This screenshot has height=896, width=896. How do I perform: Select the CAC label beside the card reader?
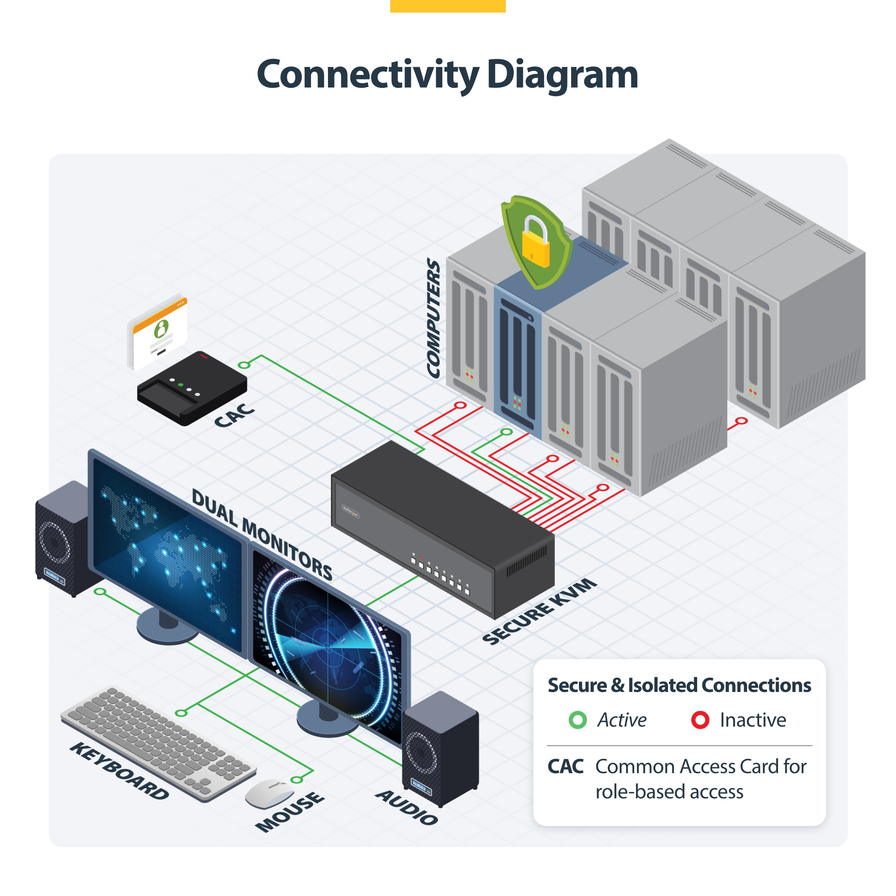coord(234,415)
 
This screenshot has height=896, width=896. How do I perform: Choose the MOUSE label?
coord(290,812)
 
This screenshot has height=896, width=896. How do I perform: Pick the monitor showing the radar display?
coord(327,645)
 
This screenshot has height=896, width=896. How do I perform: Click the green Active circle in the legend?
coord(577,720)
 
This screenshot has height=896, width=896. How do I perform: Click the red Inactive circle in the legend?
coord(700,720)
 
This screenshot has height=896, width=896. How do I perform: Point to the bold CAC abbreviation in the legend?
coord(565,766)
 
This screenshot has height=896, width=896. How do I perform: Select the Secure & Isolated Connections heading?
coord(679,685)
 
